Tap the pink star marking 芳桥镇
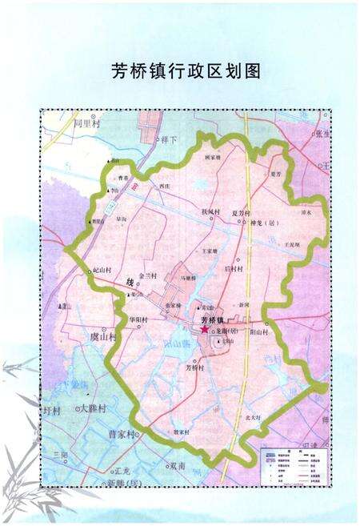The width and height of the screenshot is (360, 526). click(x=205, y=329)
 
